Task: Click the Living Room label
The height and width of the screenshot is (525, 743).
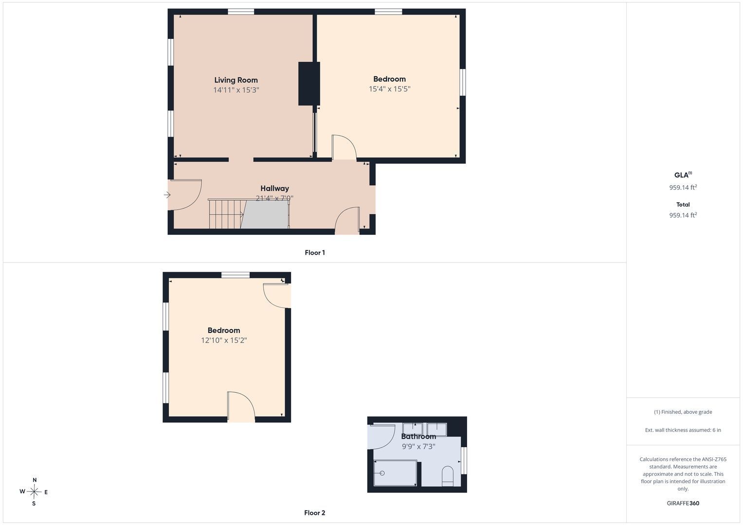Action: pyautogui.click(x=236, y=80)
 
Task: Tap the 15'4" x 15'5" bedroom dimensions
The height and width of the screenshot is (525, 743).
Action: pyautogui.click(x=389, y=89)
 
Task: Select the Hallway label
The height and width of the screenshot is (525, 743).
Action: pyautogui.click(x=274, y=188)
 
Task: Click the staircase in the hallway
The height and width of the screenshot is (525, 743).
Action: pyautogui.click(x=249, y=214)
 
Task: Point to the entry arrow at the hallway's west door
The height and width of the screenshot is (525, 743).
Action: pyautogui.click(x=167, y=195)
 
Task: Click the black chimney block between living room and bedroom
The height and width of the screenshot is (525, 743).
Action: pyautogui.click(x=309, y=84)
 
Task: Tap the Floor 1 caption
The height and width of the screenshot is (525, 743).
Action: pyautogui.click(x=315, y=253)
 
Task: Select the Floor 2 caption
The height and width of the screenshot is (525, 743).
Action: pyautogui.click(x=314, y=513)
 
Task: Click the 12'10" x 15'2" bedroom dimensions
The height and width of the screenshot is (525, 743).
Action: pyautogui.click(x=224, y=340)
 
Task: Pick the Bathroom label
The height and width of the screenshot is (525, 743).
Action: pyautogui.click(x=418, y=437)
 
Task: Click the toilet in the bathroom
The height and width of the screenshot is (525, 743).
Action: pyautogui.click(x=448, y=476)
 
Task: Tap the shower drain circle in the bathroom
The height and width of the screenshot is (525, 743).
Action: pyautogui.click(x=382, y=473)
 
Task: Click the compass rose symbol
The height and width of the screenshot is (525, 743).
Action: pyautogui.click(x=34, y=491)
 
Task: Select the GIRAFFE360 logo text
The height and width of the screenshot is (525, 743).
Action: pyautogui.click(x=683, y=503)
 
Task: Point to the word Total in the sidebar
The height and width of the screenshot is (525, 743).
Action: pyautogui.click(x=683, y=205)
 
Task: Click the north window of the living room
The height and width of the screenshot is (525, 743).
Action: pyautogui.click(x=241, y=12)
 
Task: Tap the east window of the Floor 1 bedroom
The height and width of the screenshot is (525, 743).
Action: pyautogui.click(x=463, y=82)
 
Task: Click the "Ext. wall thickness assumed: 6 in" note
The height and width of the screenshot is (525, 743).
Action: pyautogui.click(x=683, y=430)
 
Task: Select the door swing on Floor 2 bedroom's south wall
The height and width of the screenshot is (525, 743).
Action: pyautogui.click(x=241, y=407)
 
